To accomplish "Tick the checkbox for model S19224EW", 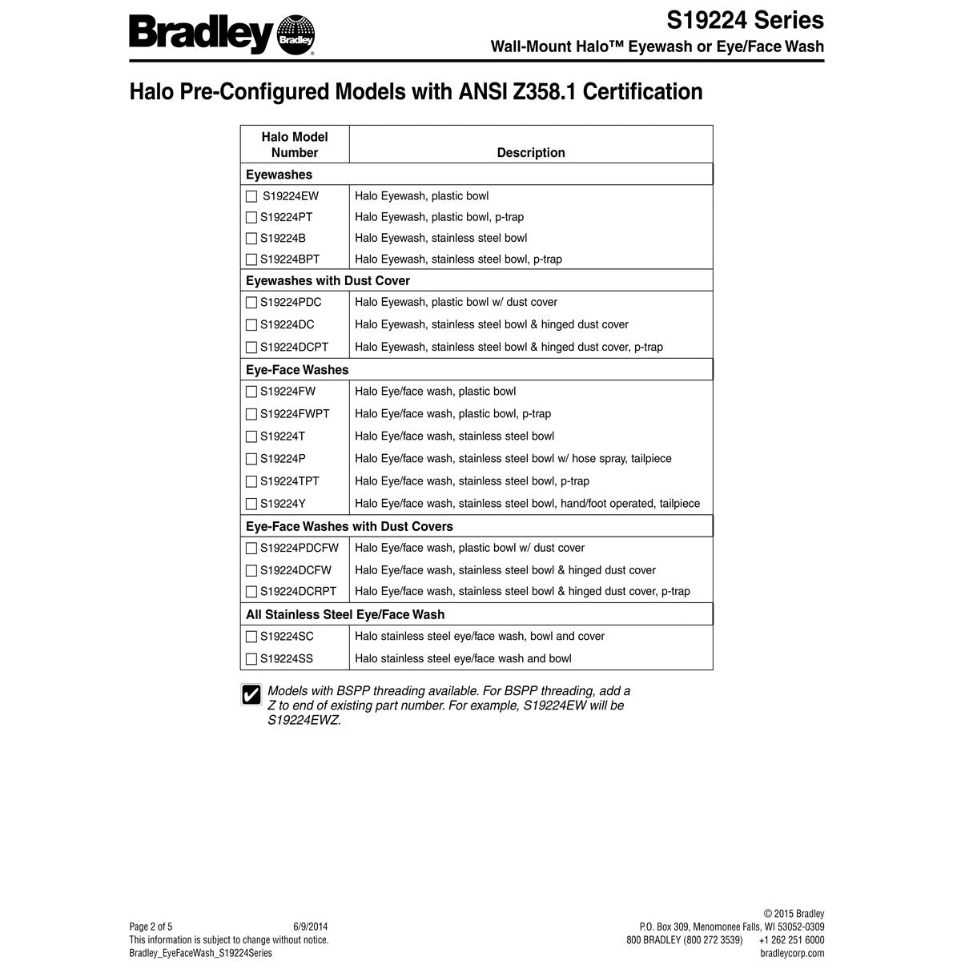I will click(251, 196).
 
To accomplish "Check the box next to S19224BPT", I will click(251, 259).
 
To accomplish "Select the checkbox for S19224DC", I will click(251, 325).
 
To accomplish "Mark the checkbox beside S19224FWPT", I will click(251, 414).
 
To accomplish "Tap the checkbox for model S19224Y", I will click(251, 504).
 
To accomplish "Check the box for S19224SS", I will click(251, 659).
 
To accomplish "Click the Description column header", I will click(530, 152).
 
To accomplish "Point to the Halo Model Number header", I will click(295, 144).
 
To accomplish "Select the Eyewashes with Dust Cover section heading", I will click(328, 280).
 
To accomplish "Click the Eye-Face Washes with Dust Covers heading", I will click(349, 526).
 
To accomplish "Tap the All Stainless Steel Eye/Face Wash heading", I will click(344, 614).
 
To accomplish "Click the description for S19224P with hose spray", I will click(513, 459).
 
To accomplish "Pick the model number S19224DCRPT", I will click(298, 592).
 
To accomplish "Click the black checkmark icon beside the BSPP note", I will click(251, 694).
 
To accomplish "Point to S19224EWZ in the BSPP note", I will click(304, 720).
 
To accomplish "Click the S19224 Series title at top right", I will click(745, 19).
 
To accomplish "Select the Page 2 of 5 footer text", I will click(151, 927).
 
